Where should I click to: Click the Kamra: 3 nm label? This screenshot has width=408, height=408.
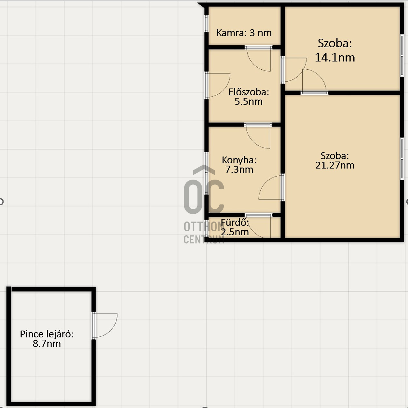[x=244, y=33]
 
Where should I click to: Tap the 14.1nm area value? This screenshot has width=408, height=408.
[x=335, y=57]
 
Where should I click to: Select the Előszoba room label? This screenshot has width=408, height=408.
[x=249, y=92]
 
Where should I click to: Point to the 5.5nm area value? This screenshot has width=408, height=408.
[x=249, y=102]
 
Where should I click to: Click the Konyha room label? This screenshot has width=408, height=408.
[x=239, y=160]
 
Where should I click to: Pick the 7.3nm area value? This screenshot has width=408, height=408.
[x=239, y=170]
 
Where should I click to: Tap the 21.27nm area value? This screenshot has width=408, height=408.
[x=335, y=165]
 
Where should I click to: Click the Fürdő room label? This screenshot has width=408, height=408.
[x=235, y=222]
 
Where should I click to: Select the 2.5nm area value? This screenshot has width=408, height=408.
[x=235, y=232]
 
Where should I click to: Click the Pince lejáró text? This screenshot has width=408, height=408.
[x=47, y=334]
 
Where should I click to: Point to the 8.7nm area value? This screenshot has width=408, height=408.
[x=47, y=344]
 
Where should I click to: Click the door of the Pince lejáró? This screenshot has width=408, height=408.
[x=104, y=325]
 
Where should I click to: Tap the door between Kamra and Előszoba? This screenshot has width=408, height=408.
[x=259, y=59]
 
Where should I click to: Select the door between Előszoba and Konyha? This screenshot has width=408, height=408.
[x=258, y=136]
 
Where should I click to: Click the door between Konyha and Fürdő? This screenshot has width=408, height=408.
[x=259, y=226]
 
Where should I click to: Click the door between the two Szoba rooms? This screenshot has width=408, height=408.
[x=314, y=82]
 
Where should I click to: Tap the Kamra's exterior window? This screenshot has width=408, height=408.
[x=206, y=24]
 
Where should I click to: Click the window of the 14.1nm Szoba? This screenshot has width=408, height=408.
[x=401, y=55]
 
